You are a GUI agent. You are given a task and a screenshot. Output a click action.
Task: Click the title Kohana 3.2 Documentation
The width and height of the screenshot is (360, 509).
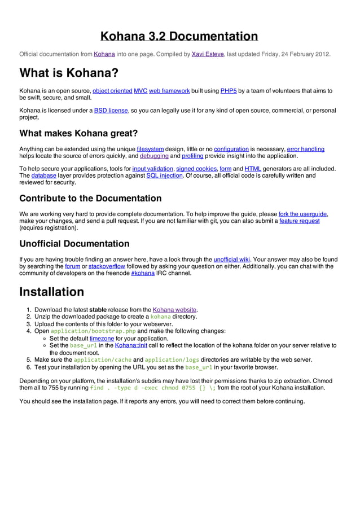(179, 37)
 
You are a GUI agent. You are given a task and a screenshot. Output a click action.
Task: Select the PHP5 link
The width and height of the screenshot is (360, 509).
(228, 90)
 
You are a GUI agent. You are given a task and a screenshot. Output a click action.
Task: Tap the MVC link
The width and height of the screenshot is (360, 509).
(141, 90)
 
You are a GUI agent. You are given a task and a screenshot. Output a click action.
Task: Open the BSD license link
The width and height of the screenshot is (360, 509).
(111, 110)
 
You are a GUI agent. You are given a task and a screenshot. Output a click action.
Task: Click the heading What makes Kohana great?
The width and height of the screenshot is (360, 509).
(78, 134)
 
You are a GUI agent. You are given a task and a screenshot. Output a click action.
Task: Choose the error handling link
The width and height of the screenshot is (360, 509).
(305, 149)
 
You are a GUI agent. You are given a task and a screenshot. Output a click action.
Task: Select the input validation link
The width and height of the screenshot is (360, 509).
(152, 169)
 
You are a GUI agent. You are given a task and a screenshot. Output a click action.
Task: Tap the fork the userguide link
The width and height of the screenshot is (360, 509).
(303, 214)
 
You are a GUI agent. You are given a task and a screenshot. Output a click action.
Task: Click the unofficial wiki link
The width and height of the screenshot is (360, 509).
(232, 260)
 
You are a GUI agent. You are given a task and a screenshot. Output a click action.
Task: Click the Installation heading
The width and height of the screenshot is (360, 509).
(51, 292)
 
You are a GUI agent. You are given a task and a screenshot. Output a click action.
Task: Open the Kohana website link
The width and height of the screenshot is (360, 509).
(174, 310)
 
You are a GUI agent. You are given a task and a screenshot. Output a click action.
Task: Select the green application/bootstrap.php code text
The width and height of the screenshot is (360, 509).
(93, 331)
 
